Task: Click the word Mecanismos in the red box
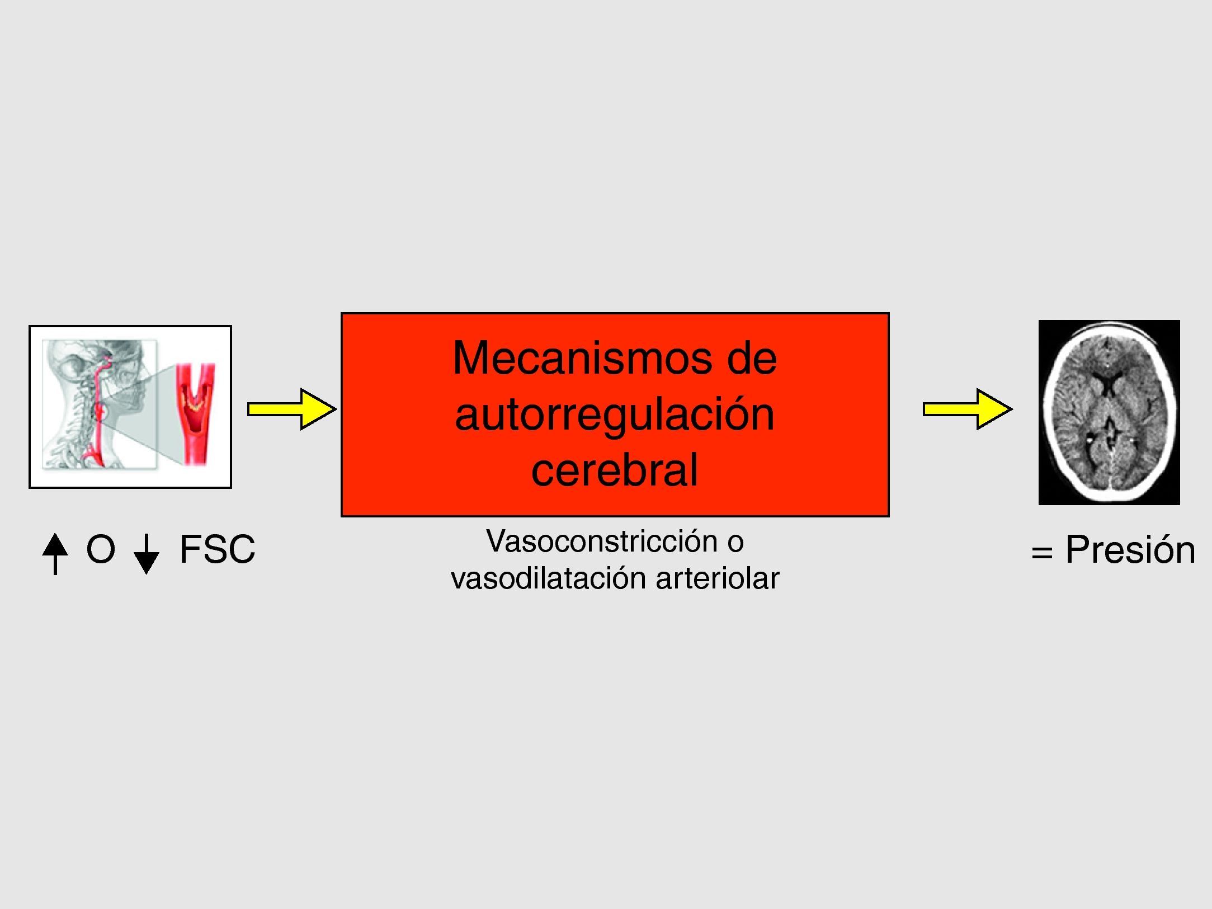[x=582, y=359]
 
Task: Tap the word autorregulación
[x=615, y=415]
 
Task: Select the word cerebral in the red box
[x=615, y=470]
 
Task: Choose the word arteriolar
[x=718, y=578]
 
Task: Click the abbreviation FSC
[x=217, y=550]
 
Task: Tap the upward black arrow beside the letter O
[x=55, y=553]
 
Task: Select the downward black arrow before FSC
[x=146, y=554]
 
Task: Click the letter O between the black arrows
[x=101, y=550]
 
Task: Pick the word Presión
[x=1130, y=550]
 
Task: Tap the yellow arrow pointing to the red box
[x=292, y=409]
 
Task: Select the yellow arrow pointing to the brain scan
[x=967, y=409]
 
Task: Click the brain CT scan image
[x=1109, y=412]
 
